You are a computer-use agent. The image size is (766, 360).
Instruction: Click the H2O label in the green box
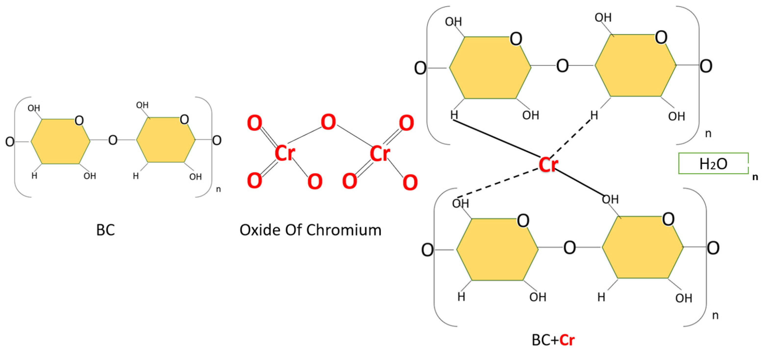pyautogui.click(x=713, y=164)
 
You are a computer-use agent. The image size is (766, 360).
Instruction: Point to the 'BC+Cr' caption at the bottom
pyautogui.click(x=553, y=340)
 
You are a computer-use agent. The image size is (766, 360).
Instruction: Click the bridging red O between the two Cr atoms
pyautogui.click(x=328, y=122)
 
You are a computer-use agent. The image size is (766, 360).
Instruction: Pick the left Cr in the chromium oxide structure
pyautogui.click(x=285, y=154)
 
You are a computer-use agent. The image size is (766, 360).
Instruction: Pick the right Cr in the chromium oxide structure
pyautogui.click(x=380, y=154)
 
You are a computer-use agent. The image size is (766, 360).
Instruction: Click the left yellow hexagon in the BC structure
pyautogui.click(x=60, y=141)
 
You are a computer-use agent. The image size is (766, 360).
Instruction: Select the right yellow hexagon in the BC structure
pyautogui.click(x=166, y=140)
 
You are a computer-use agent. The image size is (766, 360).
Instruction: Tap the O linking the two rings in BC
pyautogui.click(x=113, y=140)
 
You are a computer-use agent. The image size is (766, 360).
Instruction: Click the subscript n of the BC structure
pyautogui.click(x=218, y=189)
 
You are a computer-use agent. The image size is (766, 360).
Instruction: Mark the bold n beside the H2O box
pyautogui.click(x=755, y=177)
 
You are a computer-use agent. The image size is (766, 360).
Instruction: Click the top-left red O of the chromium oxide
pyautogui.click(x=255, y=123)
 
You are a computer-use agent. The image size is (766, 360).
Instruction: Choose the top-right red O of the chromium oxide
pyautogui.click(x=406, y=123)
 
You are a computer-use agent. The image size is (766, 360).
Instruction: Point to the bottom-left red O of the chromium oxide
pyautogui.click(x=255, y=180)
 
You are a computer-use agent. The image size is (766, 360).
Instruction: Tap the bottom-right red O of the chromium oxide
pyautogui.click(x=410, y=182)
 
